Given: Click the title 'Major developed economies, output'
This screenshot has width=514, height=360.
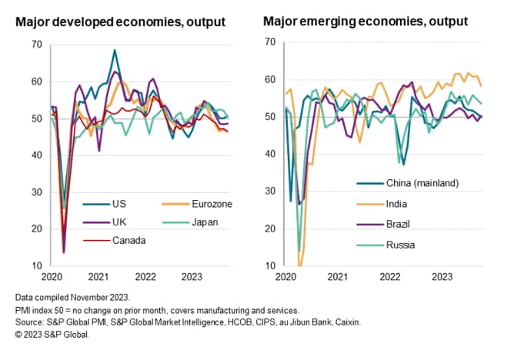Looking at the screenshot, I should (121, 22).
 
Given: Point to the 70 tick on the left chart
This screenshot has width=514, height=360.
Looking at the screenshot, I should (37, 45).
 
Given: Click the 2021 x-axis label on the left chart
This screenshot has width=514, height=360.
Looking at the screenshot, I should (97, 276).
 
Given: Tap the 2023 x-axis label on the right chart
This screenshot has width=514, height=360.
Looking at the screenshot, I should (441, 276).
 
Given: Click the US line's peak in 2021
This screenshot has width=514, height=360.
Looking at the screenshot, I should (115, 51).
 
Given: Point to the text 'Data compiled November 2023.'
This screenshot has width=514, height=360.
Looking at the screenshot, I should (73, 296).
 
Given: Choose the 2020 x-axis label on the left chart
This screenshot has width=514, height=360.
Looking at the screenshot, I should (51, 276).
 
